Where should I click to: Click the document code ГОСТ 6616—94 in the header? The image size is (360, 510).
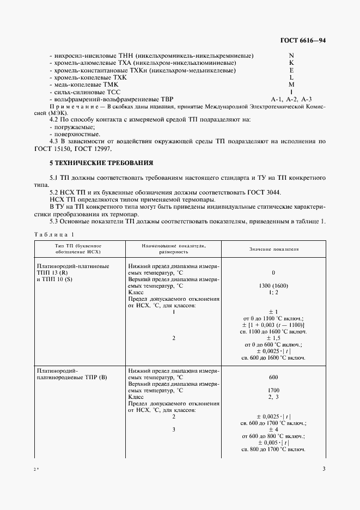click(x=303, y=40)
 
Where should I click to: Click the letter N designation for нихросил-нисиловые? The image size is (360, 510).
click(x=291, y=56)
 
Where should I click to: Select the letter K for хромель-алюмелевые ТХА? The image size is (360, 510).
click(x=291, y=63)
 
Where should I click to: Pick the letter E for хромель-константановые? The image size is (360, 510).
click(x=291, y=70)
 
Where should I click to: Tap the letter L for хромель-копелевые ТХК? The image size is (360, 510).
click(x=291, y=77)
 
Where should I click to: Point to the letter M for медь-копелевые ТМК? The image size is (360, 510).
click(x=291, y=84)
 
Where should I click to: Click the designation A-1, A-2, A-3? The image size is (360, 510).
click(x=291, y=99)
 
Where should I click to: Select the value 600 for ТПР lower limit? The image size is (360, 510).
click(x=273, y=377)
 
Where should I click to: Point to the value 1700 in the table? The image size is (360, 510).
click(x=273, y=391)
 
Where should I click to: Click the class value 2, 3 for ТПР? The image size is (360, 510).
click(x=273, y=398)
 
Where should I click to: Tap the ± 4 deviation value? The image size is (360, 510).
click(x=273, y=430)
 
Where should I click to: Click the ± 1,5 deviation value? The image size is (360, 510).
click(x=273, y=338)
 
